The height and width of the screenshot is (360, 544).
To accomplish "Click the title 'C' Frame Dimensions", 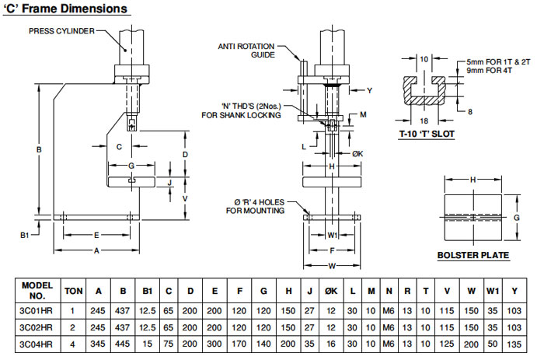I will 65,9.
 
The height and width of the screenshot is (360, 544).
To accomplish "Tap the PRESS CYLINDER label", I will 63,31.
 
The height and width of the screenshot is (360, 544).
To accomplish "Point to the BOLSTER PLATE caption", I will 473,255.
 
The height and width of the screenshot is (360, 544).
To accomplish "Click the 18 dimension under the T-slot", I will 424,121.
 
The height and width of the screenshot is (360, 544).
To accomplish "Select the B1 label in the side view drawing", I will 26,233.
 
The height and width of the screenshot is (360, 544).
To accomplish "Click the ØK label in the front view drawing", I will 357,153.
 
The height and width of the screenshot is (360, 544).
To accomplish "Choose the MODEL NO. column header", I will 37,290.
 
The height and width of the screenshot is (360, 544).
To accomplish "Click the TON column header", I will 73,290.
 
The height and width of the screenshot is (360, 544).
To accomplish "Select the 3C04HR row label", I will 37,343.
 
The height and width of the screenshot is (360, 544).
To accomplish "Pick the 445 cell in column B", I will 123,343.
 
